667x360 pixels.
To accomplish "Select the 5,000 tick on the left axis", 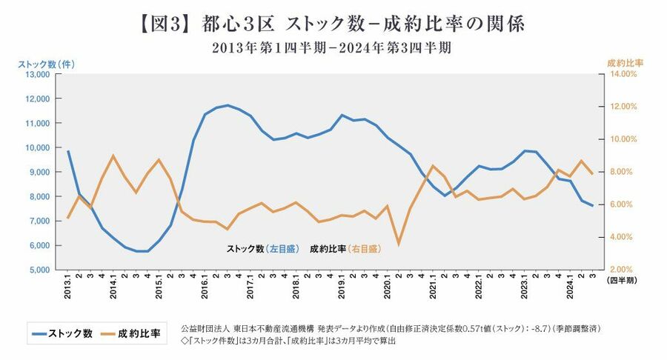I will [x=36, y=270].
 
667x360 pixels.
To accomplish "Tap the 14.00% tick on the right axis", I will [x=623, y=75].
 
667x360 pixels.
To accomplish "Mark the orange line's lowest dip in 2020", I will [x=399, y=244].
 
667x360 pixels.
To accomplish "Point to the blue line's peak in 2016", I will [x=228, y=105].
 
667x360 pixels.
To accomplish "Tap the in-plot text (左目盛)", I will [x=282, y=250].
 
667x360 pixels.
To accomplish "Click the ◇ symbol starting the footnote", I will [x=173, y=341].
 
